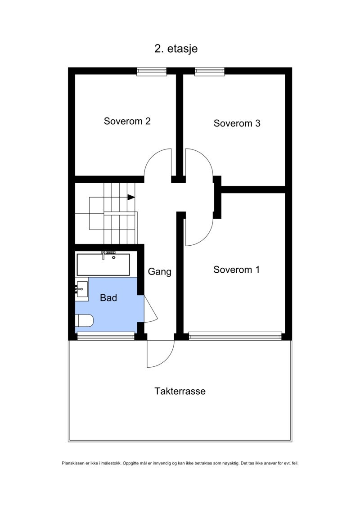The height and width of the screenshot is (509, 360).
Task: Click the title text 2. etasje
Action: point(176,49)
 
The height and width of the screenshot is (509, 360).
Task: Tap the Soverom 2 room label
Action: point(127,121)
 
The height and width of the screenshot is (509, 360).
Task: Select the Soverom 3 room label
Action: point(237,123)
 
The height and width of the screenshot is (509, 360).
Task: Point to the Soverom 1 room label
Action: point(236,270)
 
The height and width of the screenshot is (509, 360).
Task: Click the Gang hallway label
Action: point(160,272)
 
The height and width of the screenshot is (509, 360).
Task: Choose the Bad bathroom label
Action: point(108,297)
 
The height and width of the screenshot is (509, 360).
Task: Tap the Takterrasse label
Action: point(180,391)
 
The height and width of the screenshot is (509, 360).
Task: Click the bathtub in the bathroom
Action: point(103,265)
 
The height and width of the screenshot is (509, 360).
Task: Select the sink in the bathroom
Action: point(82,288)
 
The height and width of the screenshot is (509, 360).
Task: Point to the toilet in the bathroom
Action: point(84,320)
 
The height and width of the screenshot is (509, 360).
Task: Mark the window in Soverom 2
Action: point(152,71)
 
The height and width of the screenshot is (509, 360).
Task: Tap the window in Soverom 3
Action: point(210,71)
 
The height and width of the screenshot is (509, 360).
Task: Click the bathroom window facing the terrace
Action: point(106,335)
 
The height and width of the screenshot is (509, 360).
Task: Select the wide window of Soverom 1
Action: point(235,336)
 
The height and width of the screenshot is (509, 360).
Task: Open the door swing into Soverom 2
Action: point(157,164)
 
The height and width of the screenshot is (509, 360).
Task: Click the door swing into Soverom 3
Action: point(198,164)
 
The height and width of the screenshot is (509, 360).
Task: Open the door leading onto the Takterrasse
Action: point(161,353)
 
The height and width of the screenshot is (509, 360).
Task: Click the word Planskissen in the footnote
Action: point(72,463)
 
